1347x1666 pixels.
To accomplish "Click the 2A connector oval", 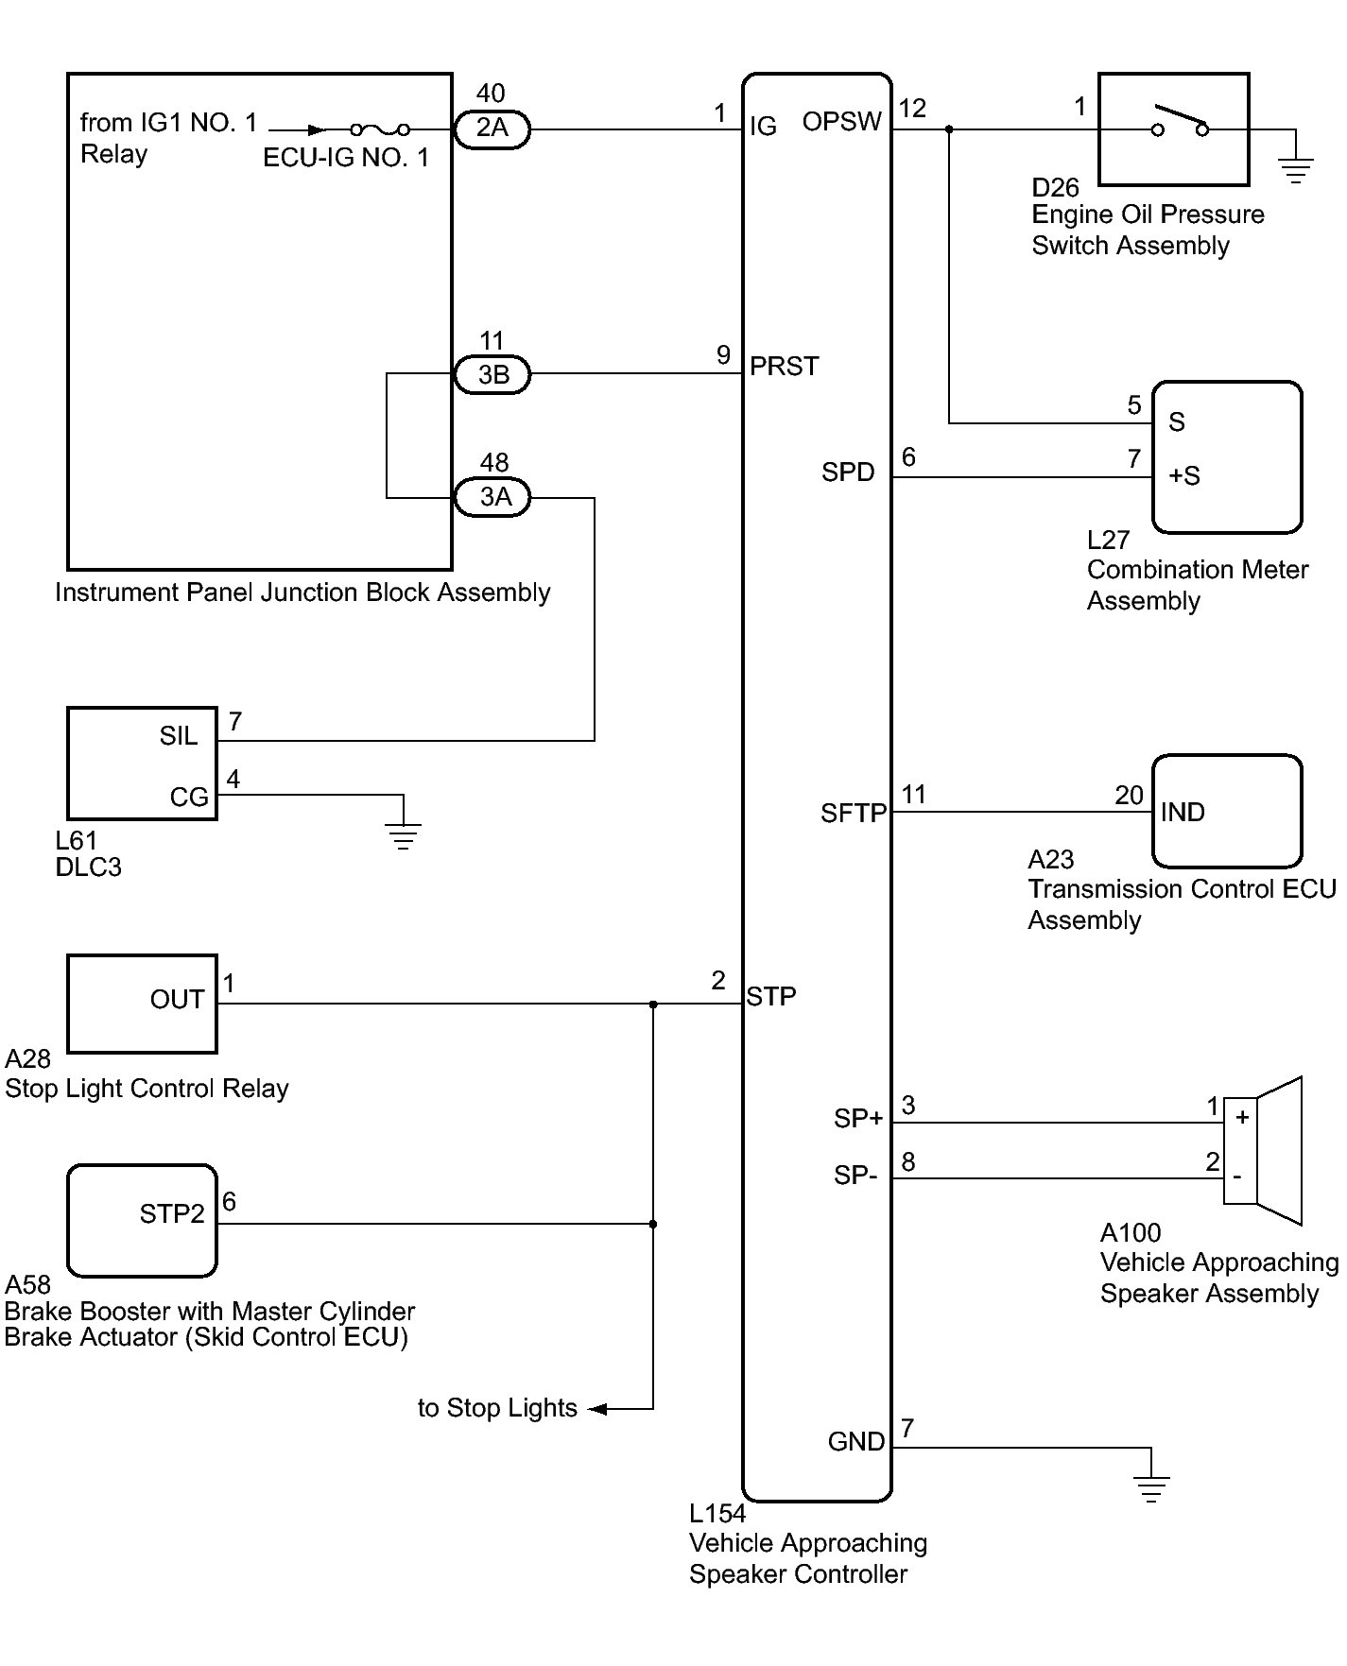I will coord(492,129).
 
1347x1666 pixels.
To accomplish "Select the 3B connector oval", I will coord(492,375).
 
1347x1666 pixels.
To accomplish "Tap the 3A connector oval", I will coord(492,498).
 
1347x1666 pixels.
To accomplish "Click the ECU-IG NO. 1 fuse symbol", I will coord(380,129).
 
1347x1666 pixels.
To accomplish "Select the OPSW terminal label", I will coord(841,122).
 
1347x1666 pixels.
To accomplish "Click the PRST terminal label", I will coord(784,367).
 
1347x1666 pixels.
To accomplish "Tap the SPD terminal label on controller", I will coord(848,472).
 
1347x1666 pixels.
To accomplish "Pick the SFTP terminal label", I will coord(854,814).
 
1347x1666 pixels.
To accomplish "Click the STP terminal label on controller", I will coord(771,997).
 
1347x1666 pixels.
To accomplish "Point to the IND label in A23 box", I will coord(1183,813).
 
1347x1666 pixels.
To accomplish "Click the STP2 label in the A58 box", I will coord(172,1214).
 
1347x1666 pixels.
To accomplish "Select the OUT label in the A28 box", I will coord(177,1000).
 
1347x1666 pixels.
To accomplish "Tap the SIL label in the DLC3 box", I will coord(179,736).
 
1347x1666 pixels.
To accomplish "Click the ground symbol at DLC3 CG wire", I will coord(404,836).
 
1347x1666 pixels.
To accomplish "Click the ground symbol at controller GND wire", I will coord(1150,1489).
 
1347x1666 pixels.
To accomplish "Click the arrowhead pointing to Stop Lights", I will coord(597,1409).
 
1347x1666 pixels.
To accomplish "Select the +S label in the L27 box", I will coord(1184,476).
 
